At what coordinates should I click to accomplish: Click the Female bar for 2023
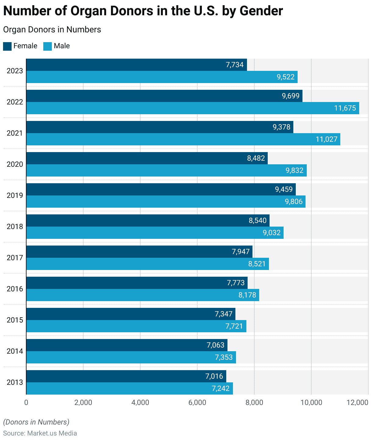coord(137,65)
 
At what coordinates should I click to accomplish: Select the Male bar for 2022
coord(193,108)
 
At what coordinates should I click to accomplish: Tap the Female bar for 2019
coord(161,189)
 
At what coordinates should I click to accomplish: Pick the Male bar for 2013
coord(130,388)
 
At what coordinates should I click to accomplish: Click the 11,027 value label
coord(327,139)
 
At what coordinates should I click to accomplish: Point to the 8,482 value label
coord(256,158)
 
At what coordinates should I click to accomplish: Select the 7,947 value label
coord(241,252)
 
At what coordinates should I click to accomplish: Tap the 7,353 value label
coord(224,357)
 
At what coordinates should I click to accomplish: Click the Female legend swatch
coord(7,46)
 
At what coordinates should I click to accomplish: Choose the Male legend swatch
coord(48,46)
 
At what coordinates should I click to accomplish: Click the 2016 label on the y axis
coord(15,289)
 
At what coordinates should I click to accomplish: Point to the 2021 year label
coord(15,133)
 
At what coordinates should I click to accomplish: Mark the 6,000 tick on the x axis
coord(197,403)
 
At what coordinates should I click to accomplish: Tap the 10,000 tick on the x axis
coord(311,403)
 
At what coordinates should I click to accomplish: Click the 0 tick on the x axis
coord(26,403)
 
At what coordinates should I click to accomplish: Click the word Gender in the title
coord(261,11)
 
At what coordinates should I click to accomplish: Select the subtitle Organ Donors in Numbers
coord(52,30)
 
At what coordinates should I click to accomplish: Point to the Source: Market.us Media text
coord(40,433)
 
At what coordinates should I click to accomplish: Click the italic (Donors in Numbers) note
coord(36,422)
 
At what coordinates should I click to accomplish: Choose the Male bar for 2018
coord(155,233)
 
